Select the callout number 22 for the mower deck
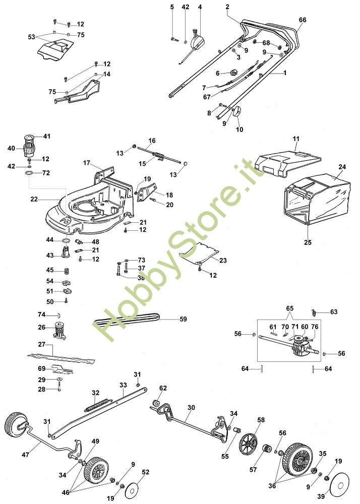[x=34, y=199]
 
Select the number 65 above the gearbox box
[x=289, y=307]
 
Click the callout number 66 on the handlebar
[x=302, y=20]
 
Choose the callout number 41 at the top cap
[x=47, y=137]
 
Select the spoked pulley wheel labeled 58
[x=248, y=444]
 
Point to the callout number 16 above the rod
[x=152, y=140]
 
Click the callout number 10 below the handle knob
[x=239, y=130]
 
